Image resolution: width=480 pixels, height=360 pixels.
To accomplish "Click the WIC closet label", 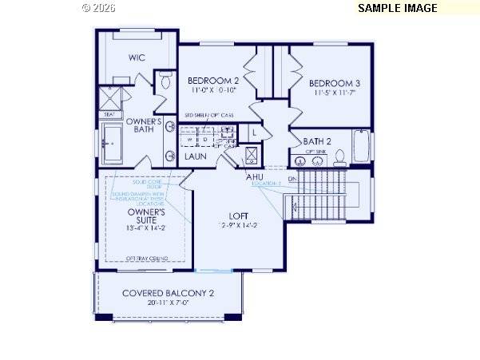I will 137,57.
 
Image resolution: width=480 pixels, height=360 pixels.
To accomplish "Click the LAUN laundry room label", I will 196,156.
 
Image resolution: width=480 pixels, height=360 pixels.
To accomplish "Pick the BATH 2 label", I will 317,141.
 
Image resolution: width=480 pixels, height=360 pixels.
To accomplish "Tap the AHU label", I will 256,176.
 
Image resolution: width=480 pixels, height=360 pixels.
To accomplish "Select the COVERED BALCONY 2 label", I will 168,293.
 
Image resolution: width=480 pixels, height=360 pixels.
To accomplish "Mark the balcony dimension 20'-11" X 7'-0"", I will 168,303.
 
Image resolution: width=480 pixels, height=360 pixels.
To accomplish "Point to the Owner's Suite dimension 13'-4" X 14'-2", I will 146,228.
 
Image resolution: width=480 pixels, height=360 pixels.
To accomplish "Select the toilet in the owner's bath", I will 165,80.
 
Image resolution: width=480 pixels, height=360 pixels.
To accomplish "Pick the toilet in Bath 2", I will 339,156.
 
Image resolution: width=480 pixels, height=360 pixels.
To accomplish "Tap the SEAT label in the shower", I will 109,114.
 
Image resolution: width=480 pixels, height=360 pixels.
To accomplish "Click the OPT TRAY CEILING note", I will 146,258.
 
